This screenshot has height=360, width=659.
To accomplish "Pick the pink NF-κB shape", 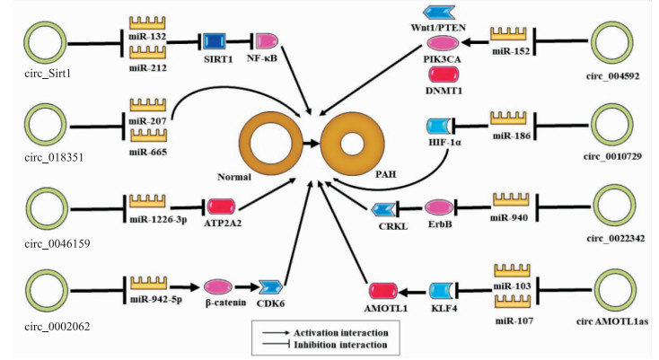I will [268, 40].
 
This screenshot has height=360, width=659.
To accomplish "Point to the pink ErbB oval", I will [440, 208].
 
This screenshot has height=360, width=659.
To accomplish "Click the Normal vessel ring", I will [269, 142].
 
